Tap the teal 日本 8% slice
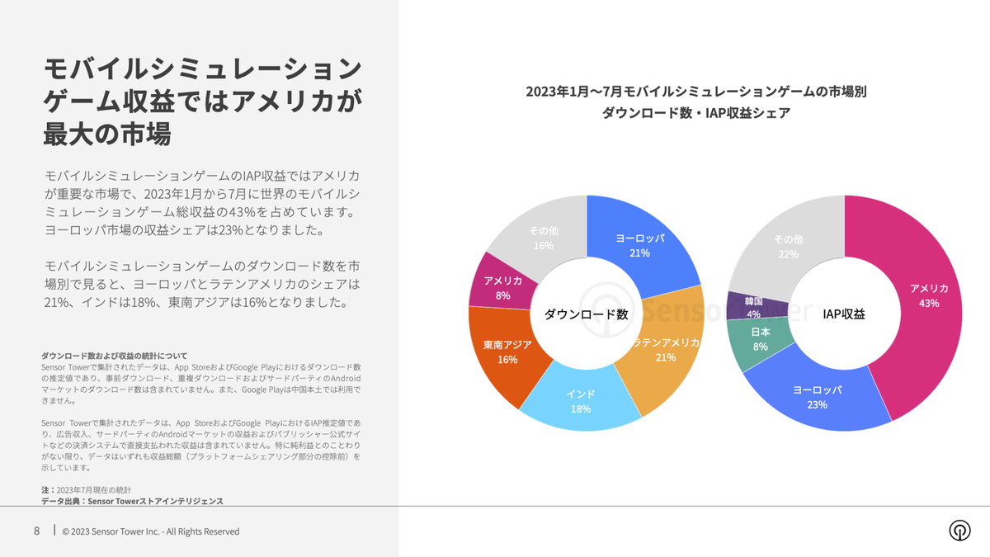pyautogui.click(x=759, y=339)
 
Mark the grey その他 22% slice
pyautogui.click(x=788, y=246)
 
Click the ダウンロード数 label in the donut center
pyautogui.click(x=586, y=314)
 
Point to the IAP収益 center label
pyautogui.click(x=845, y=314)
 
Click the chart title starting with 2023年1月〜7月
pyautogui.click(x=695, y=92)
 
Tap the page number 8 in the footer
pyautogui.click(x=36, y=531)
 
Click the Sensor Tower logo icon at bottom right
pyautogui.click(x=959, y=531)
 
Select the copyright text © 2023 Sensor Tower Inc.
pyautogui.click(x=151, y=531)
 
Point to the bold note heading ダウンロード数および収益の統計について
pyautogui.click(x=114, y=356)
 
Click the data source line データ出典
pyautogui.click(x=132, y=501)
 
